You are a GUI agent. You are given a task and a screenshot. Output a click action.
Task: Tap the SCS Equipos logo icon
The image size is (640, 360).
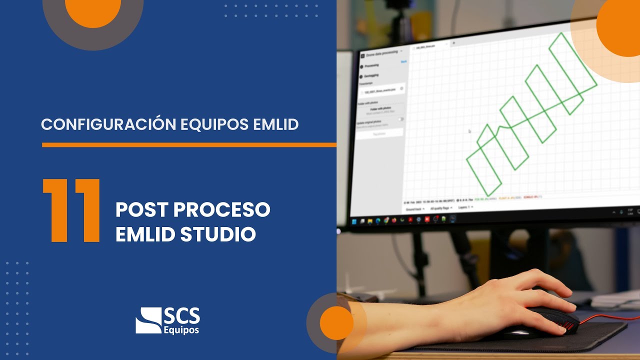pyautogui.click(x=148, y=320)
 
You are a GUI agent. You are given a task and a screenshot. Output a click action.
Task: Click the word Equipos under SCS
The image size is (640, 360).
pyautogui.click(x=181, y=330)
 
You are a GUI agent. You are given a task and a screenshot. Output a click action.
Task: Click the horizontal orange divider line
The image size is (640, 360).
pyautogui.click(x=189, y=145)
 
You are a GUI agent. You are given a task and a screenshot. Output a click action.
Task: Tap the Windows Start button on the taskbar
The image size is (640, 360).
pyautogui.click(x=354, y=220)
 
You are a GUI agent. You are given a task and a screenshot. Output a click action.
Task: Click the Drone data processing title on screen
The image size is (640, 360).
pyautogui.click(x=382, y=52)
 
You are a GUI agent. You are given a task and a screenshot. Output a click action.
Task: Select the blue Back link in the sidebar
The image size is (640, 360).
pyautogui.click(x=404, y=61)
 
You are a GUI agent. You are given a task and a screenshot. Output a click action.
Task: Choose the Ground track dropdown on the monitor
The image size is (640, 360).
pyautogui.click(x=415, y=208)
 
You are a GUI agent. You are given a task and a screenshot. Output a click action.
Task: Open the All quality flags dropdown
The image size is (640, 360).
pyautogui.click(x=441, y=207)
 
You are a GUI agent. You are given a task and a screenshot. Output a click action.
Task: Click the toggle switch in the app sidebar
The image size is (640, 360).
pyautogui.click(x=401, y=119)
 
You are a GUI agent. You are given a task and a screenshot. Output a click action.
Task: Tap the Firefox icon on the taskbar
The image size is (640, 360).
pyautogui.click(x=394, y=220)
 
